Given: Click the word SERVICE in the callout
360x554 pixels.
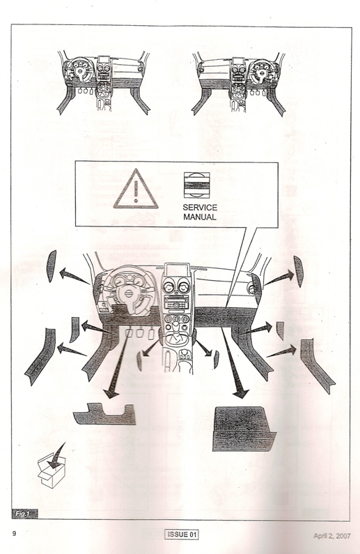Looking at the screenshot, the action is pos(200,208).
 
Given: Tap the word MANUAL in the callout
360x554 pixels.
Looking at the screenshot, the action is pos(199,217).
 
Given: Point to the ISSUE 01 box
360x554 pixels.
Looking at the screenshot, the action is pos(182,534).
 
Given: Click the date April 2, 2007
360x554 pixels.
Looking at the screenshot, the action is pos(331,536).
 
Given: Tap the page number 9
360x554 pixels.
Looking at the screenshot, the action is pos(14,534).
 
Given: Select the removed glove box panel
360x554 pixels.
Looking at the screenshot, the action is pos(244,429).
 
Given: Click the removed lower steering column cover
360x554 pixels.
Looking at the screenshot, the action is pos(105,414).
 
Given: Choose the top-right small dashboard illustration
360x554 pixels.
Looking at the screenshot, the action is pos(239,84).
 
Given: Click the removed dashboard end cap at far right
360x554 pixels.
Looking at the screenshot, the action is pos(299,271).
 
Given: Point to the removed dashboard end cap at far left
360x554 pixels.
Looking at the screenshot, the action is pos(52,266).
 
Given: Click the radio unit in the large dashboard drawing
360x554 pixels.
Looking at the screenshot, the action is pos(176,302).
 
